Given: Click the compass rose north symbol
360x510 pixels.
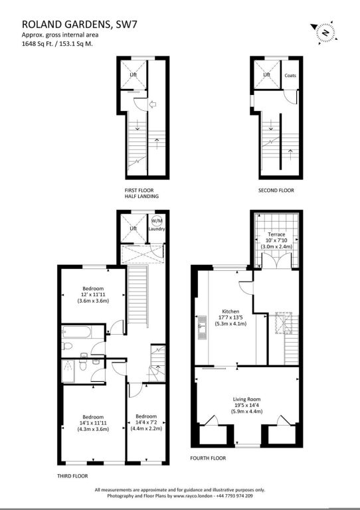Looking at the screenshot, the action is pos(324,32).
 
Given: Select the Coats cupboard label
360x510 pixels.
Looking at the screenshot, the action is pos(290,76).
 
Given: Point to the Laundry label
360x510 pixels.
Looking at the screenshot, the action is pos(157,228).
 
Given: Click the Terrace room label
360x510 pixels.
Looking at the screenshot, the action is pos(276,234).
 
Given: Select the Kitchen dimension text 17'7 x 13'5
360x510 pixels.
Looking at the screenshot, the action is pos(230,317).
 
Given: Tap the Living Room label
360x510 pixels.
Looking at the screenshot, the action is pos(246,399).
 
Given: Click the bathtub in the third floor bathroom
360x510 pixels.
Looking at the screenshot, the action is pos(78,332).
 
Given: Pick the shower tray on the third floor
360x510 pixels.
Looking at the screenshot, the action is pos(68,371).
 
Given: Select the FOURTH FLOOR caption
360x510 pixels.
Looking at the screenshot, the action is pos(208,458).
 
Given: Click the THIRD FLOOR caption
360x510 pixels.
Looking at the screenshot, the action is pos(72,476).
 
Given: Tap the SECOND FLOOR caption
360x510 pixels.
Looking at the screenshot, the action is pos(276,191).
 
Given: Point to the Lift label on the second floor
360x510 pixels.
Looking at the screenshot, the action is pos(266,75).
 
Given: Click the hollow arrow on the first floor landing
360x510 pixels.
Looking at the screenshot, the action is pos(153,104).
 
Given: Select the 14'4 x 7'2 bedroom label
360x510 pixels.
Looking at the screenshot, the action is pos(146,422).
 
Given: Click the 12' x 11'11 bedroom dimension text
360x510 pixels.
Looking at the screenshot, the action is pos(93,294).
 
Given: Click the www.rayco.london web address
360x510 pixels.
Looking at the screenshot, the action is pos(193,496).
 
